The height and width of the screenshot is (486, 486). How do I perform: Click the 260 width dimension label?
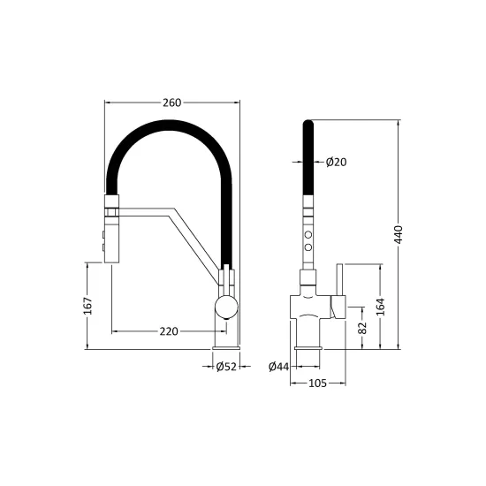171,103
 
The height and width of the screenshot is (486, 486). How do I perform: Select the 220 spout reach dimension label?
169,331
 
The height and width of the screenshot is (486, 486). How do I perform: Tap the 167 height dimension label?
88,306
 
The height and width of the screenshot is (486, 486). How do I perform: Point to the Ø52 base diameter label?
226,367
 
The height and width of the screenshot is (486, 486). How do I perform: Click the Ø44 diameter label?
278,367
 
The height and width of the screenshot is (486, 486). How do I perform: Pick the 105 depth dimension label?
318,383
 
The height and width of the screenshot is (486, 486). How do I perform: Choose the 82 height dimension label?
362,328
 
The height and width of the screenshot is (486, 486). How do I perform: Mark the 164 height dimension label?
381,307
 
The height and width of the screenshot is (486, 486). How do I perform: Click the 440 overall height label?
399,235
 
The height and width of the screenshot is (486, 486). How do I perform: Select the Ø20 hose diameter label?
337,162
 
